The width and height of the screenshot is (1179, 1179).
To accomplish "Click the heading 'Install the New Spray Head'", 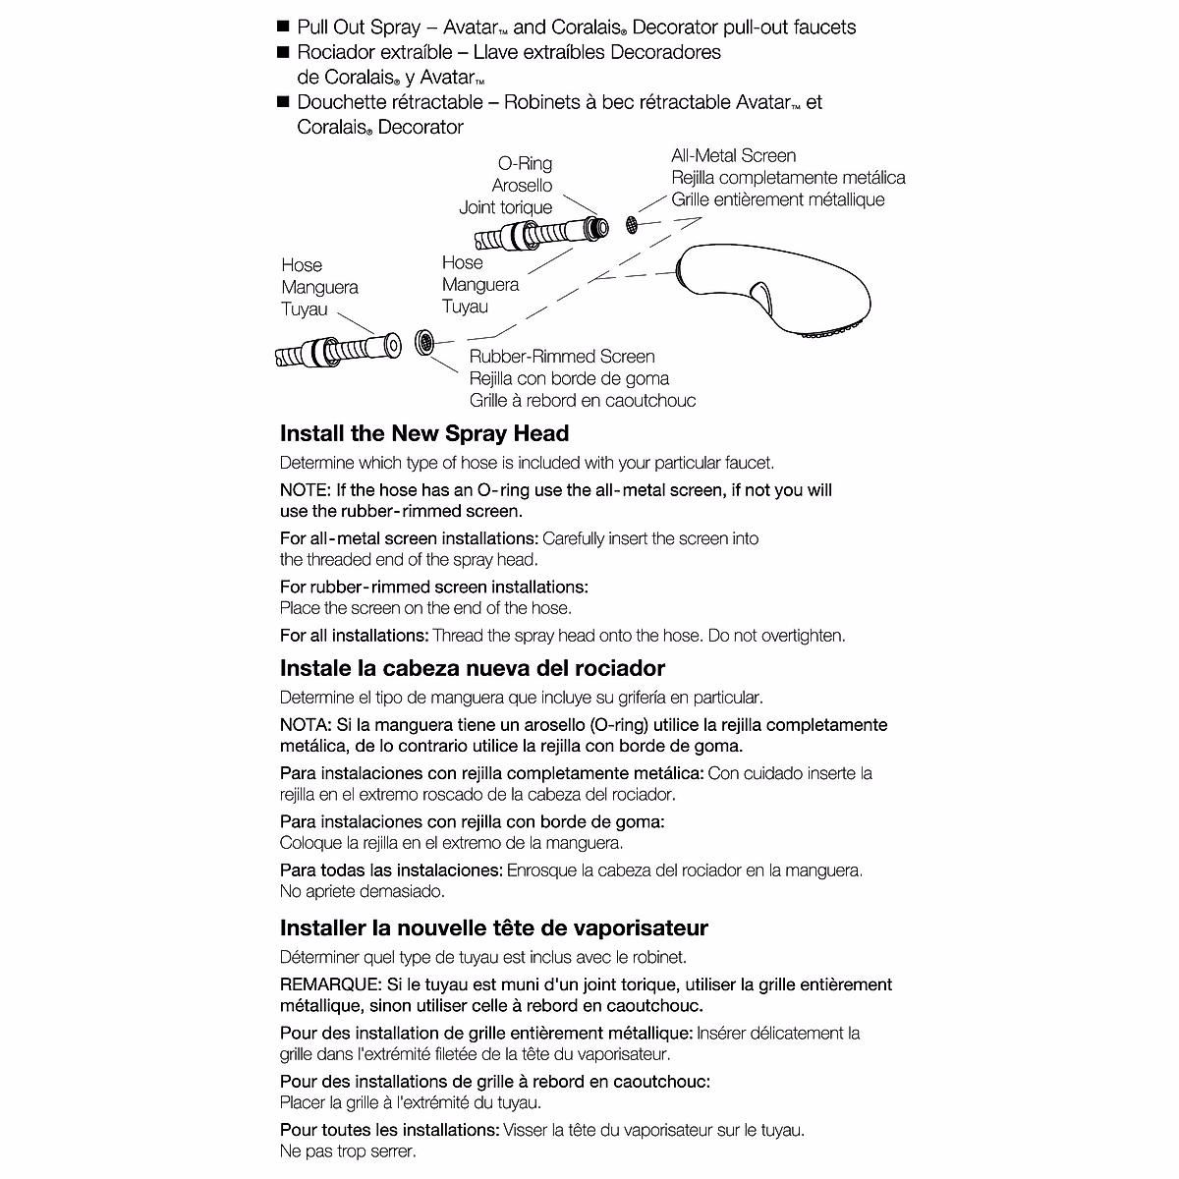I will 424,434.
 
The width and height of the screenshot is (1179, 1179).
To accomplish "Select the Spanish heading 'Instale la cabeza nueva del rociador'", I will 473,669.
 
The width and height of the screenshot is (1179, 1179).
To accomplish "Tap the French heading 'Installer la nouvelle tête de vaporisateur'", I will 494,928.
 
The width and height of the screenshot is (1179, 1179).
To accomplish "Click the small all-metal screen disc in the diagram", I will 631,225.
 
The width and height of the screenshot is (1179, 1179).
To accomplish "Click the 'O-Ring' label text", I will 525,164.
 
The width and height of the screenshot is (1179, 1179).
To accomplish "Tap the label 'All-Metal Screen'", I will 734,155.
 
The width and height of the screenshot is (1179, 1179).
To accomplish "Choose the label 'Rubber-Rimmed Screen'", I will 562,357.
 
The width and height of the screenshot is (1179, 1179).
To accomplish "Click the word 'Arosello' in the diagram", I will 522,186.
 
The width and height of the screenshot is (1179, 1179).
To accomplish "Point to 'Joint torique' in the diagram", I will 506,207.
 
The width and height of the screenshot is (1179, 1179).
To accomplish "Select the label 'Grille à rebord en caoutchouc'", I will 583,401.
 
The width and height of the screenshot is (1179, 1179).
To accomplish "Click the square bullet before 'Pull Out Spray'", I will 284,27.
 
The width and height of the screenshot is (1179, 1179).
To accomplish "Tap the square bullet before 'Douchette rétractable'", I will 284,101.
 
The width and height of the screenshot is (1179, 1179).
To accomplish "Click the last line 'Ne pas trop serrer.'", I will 348,1151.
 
